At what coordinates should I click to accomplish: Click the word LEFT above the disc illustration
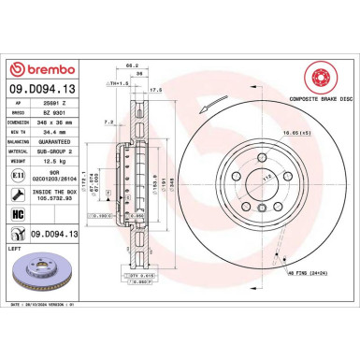pos(13,248)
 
